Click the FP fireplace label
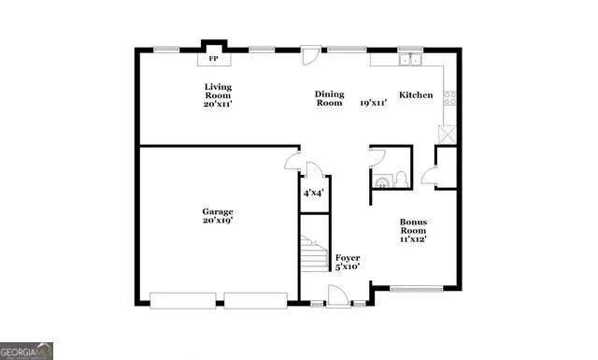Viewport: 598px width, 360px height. (x=213, y=60)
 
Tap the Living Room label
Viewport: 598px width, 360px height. (x=218, y=91)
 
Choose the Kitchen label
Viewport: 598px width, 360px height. (x=416, y=95)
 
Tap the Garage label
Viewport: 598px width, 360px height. (x=218, y=211)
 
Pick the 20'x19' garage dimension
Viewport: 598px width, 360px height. (x=218, y=222)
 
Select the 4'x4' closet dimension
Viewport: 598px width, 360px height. (x=313, y=194)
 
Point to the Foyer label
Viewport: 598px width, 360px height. (x=348, y=257)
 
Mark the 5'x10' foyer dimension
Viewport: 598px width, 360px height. (x=348, y=267)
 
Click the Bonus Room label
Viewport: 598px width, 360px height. (x=414, y=226)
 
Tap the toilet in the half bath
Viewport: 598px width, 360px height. (x=400, y=178)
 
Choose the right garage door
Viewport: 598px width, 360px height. (x=254, y=300)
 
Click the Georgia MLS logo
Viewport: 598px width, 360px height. (x=27, y=351)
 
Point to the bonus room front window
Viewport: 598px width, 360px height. (x=416, y=289)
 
